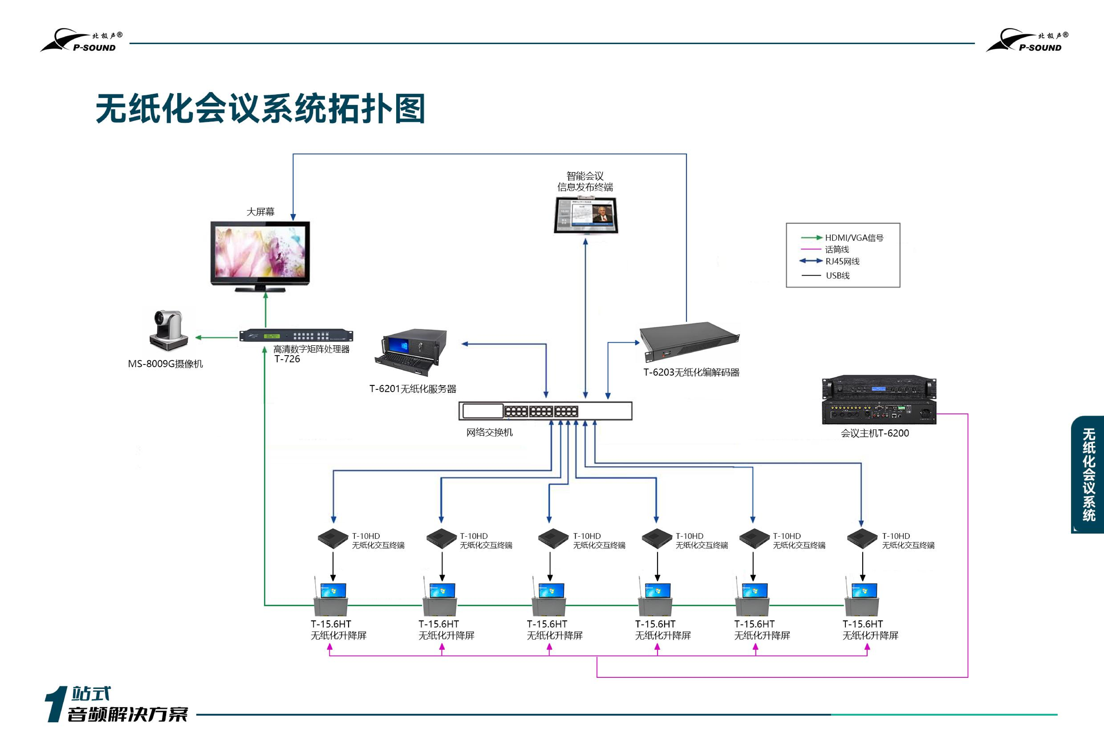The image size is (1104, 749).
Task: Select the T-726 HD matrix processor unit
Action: [296, 335]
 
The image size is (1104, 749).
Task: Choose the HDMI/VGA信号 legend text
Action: [854, 238]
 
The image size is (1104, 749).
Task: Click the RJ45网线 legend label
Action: [842, 261]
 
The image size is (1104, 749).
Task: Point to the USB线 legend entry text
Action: [837, 275]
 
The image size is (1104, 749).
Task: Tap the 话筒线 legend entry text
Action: [836, 249]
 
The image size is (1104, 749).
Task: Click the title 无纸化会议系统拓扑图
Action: [260, 109]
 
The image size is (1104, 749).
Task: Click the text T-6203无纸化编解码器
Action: [691, 372]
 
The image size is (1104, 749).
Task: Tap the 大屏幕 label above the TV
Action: [260, 211]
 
